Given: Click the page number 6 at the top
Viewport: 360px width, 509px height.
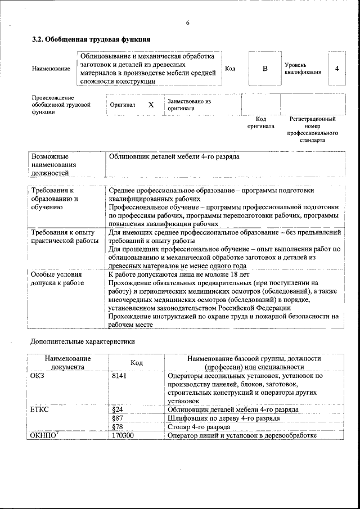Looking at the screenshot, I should pyautogui.click(x=187, y=22).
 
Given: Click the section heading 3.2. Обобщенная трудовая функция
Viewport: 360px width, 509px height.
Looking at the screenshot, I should pyautogui.click(x=91, y=40).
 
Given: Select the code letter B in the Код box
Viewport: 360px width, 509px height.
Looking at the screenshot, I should pyautogui.click(x=265, y=69).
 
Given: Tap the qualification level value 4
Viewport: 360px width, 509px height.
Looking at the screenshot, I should pyautogui.click(x=336, y=69).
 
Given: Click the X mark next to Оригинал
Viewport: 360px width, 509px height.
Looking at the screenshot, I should pyautogui.click(x=151, y=105).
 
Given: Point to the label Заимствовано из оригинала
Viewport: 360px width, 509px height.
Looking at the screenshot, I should pyautogui.click(x=189, y=105).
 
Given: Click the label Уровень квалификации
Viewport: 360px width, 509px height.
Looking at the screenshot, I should pyautogui.click(x=303, y=69).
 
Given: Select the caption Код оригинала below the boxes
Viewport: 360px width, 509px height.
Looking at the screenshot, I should pyautogui.click(x=260, y=123).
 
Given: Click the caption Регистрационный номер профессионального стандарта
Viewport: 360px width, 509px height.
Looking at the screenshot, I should pyautogui.click(x=312, y=129).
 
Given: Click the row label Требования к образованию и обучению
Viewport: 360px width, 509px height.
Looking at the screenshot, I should pyautogui.click(x=55, y=199).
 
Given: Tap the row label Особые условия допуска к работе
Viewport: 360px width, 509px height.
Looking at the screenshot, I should pyautogui.click(x=57, y=278).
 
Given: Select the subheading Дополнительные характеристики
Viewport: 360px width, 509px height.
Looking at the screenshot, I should pyautogui.click(x=82, y=341).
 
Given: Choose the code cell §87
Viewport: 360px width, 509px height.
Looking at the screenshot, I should pyautogui.click(x=118, y=418).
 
